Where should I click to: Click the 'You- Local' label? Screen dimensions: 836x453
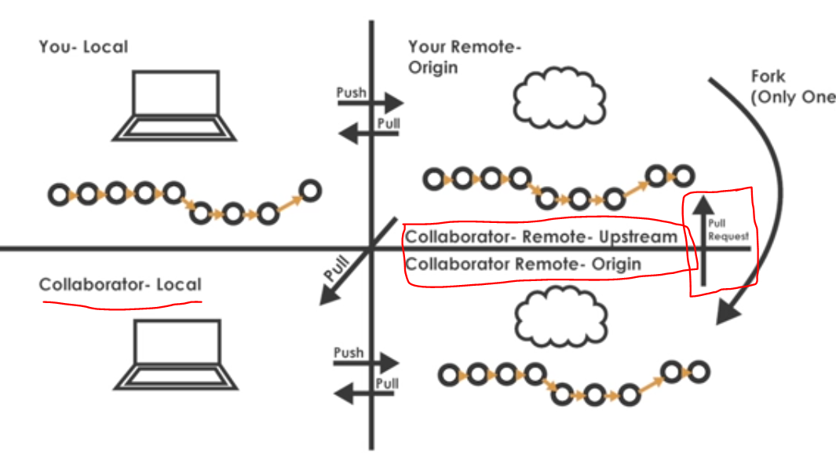click(83, 47)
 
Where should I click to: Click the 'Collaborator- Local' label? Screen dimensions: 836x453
click(120, 284)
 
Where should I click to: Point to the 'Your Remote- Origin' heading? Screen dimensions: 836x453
click(465, 57)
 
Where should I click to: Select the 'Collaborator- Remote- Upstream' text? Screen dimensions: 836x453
click(541, 236)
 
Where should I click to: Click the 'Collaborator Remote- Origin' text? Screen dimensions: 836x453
click(523, 265)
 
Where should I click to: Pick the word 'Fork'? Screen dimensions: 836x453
click(768, 77)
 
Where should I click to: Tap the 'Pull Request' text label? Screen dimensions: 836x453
click(728, 230)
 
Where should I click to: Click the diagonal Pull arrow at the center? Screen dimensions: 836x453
click(358, 261)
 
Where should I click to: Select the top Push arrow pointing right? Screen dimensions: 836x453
click(371, 103)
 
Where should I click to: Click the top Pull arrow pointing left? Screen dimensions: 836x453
click(368, 133)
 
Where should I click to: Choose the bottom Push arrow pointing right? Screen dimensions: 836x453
click(367, 363)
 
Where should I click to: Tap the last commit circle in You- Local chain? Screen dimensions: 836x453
click(310, 190)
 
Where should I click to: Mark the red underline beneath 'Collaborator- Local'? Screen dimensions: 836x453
click(122, 305)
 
